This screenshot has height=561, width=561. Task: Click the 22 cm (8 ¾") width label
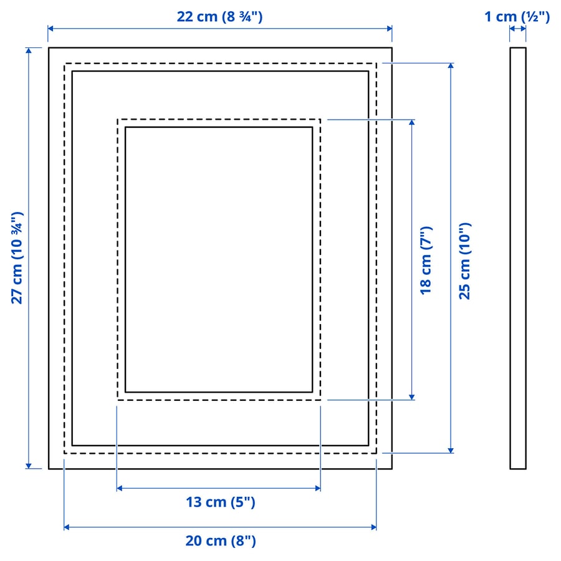pos(219,17)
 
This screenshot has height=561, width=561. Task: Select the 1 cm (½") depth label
pos(517,17)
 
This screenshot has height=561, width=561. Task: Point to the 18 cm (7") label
pos(426,260)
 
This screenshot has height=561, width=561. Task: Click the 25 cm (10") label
pos(465,260)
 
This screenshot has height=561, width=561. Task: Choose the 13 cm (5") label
pos(220,502)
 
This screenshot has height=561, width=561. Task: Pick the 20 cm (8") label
pos(220,541)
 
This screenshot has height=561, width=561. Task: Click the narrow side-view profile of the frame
pos(517,258)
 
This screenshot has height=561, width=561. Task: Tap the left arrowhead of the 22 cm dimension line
pos(51,29)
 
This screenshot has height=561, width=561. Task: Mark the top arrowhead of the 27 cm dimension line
pos(28,50)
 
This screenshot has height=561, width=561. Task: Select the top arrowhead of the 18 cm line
pos(411,122)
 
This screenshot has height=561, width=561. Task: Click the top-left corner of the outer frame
pos(49,48)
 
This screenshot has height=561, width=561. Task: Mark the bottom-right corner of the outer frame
pos(391,468)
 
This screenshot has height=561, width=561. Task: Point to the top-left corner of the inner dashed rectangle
pos(118,120)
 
